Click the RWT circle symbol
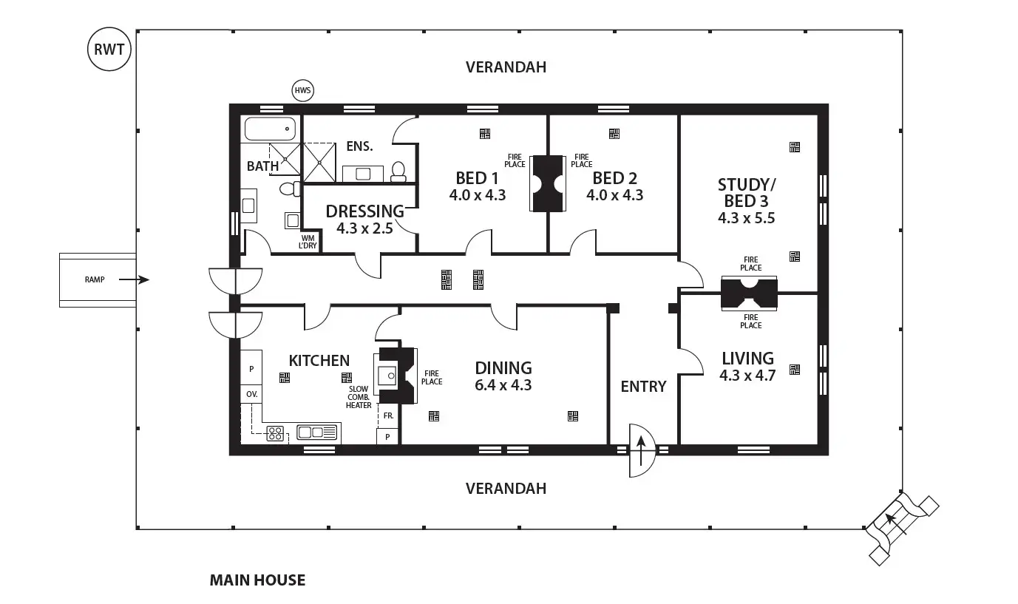[x=109, y=50]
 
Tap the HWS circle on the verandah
[x=303, y=91]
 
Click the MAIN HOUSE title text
[x=257, y=580]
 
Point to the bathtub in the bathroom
[x=270, y=129]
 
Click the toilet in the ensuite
[x=398, y=172]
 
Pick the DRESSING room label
[x=365, y=211]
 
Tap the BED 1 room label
[x=477, y=178]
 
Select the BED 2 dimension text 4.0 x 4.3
[x=614, y=195]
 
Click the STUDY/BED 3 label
[x=746, y=192]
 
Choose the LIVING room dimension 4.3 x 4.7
[x=747, y=376]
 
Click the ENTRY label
[x=643, y=387]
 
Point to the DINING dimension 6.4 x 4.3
[x=503, y=385]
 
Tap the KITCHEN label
[x=319, y=361]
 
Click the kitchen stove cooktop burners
[x=276, y=433]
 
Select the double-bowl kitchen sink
[x=318, y=432]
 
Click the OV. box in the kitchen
[x=251, y=394]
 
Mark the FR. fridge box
[x=387, y=416]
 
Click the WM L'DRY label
[x=308, y=242]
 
